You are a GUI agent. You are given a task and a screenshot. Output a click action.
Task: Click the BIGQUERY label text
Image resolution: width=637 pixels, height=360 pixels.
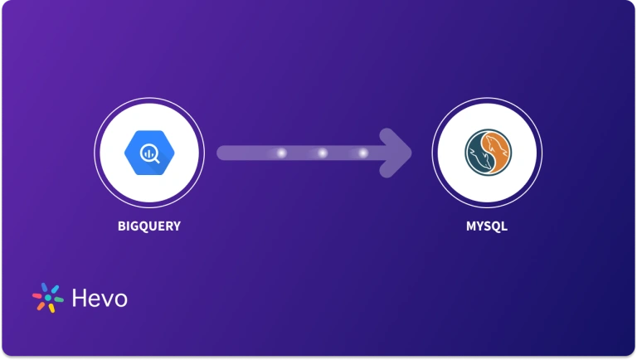[x=148, y=225]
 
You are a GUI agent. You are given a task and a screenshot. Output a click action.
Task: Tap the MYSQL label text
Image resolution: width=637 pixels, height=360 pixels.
[x=486, y=225]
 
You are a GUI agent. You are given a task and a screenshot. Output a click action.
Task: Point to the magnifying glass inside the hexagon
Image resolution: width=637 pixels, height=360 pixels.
[x=150, y=153]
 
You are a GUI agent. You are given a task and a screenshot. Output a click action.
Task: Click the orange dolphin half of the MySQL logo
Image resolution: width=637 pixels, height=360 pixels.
[x=498, y=152]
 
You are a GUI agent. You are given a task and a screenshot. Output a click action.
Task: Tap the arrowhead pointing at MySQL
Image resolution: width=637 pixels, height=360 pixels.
[x=397, y=153]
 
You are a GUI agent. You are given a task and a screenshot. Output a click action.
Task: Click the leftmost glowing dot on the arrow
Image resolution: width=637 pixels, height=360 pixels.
[x=280, y=153]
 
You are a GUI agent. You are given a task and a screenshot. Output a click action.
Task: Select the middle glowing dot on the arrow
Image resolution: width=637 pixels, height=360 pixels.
[x=321, y=153]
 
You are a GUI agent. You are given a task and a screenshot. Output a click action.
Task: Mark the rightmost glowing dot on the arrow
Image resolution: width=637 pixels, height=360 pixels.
[x=362, y=153]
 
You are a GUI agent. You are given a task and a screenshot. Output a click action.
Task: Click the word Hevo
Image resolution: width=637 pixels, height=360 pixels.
[x=100, y=299]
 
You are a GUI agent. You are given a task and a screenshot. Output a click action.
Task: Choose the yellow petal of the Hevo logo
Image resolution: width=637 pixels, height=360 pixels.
[x=51, y=308]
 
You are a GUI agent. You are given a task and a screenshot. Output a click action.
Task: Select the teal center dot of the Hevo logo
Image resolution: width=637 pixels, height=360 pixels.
[x=47, y=298]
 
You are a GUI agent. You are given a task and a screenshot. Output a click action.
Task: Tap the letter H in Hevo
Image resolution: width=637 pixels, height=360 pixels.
[x=80, y=299]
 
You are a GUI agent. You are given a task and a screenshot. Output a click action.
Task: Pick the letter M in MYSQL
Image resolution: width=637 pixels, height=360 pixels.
[x=470, y=225]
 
